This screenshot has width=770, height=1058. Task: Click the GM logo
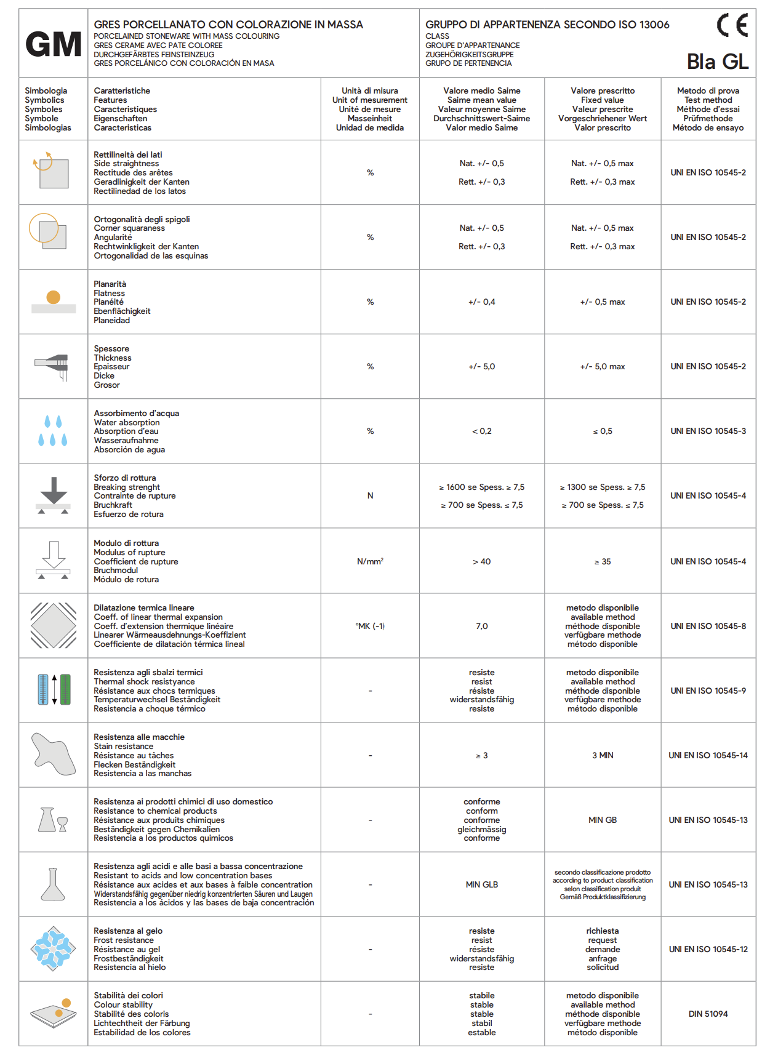click(x=54, y=44)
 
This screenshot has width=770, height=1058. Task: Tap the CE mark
click(x=732, y=25)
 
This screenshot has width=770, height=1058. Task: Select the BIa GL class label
click(x=718, y=62)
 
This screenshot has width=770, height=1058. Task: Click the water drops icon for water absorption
click(x=53, y=431)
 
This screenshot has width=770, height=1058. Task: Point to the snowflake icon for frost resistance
click(x=54, y=948)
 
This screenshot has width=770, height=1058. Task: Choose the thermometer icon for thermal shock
click(x=54, y=690)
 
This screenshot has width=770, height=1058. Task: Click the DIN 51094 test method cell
click(x=708, y=1014)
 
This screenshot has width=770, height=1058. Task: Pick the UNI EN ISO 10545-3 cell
click(x=708, y=431)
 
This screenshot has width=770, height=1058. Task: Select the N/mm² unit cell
click(x=370, y=561)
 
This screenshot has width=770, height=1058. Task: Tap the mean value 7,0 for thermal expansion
click(x=482, y=626)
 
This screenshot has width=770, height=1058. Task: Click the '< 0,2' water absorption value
click(x=482, y=431)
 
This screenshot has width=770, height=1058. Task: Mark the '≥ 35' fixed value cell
click(x=603, y=561)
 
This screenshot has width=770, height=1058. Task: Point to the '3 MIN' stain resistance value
click(x=603, y=755)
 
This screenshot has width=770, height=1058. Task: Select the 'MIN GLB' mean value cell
click(x=482, y=884)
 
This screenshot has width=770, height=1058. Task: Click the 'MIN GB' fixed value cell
click(x=603, y=820)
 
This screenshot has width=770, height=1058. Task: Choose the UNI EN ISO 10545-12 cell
click(x=708, y=949)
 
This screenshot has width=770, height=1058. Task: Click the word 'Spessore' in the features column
click(x=111, y=348)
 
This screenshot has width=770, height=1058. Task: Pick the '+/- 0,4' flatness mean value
click(x=482, y=302)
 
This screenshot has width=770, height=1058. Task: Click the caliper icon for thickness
click(x=54, y=366)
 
